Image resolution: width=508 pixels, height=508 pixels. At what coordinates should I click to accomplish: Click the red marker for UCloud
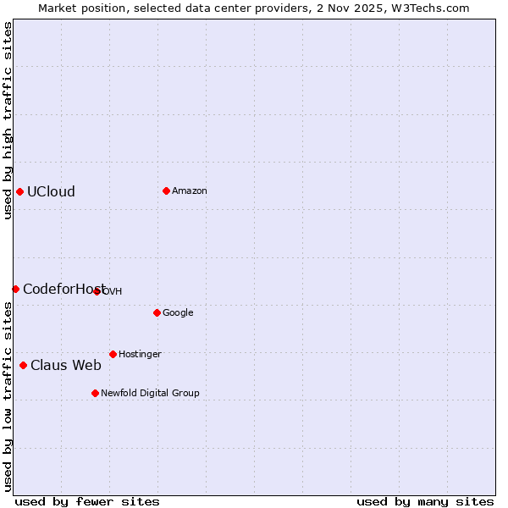point(19,191)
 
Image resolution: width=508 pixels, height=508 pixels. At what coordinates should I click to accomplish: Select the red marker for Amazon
point(166,190)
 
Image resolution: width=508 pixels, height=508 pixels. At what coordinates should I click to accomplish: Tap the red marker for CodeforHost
point(15,290)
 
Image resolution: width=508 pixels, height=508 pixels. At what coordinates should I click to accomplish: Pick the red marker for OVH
point(97,291)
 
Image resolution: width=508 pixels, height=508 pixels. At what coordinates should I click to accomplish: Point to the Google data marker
point(157,312)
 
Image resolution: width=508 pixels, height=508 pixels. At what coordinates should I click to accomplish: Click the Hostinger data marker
point(113,354)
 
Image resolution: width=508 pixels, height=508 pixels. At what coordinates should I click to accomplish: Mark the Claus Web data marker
point(23,366)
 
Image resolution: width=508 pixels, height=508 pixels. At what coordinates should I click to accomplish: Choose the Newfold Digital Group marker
point(95,393)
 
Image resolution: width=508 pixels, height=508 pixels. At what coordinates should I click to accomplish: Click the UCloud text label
point(51,191)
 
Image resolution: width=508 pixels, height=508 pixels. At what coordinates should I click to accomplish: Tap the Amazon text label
point(190,191)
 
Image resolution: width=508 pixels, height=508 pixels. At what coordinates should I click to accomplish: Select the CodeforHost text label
point(63,290)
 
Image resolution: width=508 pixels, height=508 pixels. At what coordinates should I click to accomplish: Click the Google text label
point(178,313)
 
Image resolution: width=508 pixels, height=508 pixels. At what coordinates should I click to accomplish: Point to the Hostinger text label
point(140,355)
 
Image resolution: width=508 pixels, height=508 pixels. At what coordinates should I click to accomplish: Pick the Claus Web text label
point(66,366)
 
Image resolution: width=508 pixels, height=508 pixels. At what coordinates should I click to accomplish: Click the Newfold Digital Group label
point(150,394)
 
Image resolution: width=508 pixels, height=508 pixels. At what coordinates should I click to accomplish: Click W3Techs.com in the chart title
point(432,8)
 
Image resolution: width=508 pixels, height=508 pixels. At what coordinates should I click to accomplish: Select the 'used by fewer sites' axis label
point(87,501)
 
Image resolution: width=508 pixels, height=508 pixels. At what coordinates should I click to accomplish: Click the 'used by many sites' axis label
point(425,501)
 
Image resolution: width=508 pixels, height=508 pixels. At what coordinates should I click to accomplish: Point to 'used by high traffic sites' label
point(8,120)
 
